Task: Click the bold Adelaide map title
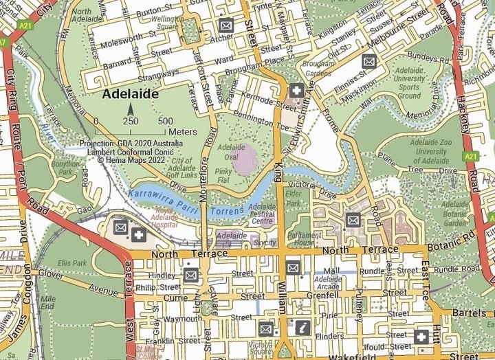pos(131,94)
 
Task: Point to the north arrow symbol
pos(129,109)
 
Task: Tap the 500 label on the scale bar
pos(164,121)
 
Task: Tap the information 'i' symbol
pos(300,327)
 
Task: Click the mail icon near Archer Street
pos(225,25)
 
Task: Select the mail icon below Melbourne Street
pos(369,62)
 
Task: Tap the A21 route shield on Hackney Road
pos(470,157)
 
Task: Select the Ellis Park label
pos(73,262)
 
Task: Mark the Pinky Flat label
pos(223,174)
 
